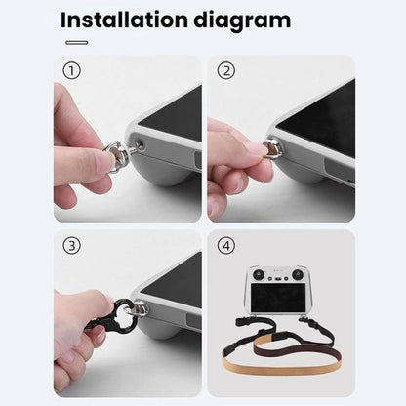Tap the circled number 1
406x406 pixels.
(70, 70)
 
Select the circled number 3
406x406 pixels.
(70, 245)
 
